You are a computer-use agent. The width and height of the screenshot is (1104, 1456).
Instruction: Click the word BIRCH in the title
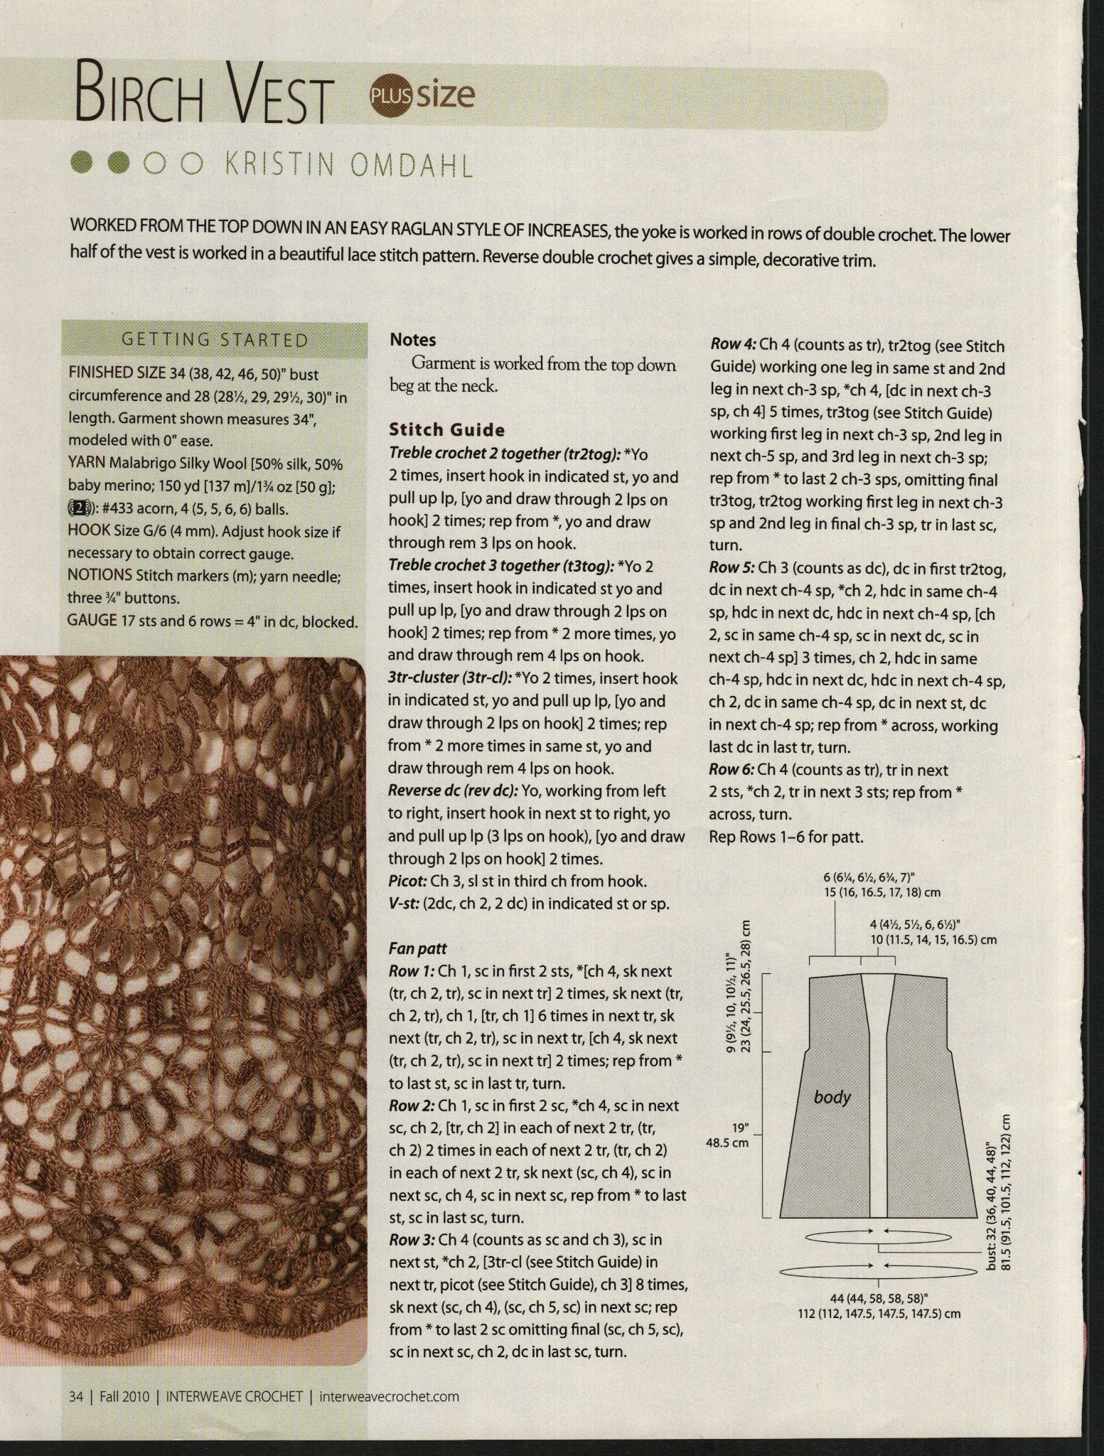coord(146,101)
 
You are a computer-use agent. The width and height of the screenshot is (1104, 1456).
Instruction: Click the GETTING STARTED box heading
coord(215,340)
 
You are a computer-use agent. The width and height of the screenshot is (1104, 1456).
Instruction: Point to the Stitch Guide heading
coord(446,429)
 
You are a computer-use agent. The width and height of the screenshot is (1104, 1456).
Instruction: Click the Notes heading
coord(413,341)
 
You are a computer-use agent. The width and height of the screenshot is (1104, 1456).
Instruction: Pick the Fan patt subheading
coord(417,948)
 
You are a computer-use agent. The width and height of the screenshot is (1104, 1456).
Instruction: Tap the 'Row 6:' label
coord(733,770)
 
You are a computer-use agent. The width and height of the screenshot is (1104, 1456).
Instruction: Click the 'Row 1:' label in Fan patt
coord(412,971)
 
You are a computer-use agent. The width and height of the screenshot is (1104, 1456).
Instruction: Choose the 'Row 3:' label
coord(412,1240)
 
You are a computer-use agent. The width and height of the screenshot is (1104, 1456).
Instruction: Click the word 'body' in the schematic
coord(832,1097)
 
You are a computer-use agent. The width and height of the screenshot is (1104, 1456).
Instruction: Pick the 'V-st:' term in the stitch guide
coord(406,904)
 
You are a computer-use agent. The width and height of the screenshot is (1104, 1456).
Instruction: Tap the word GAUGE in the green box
coord(92,620)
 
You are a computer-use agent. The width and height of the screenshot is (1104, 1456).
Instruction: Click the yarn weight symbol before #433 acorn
coord(79,509)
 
